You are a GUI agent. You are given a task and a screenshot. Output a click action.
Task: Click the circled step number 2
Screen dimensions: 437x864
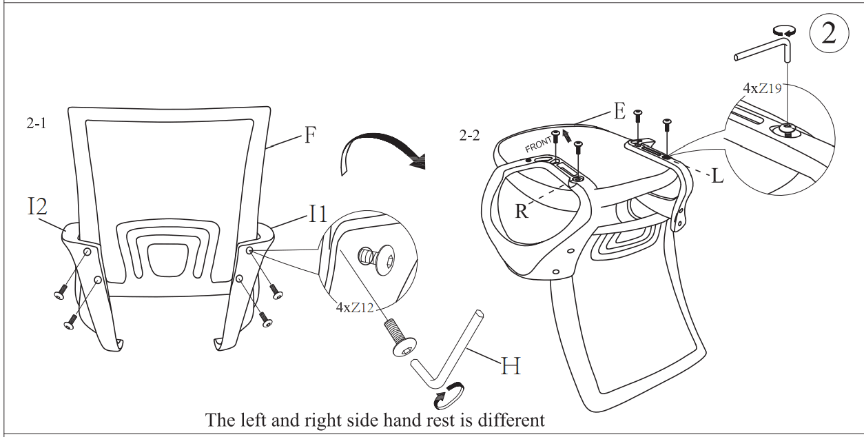(828, 32)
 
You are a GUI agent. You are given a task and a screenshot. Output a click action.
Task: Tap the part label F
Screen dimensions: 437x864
(310, 136)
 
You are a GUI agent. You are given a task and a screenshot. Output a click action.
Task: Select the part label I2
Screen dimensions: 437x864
(38, 207)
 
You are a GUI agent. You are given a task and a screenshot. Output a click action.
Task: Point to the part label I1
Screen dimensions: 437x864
(317, 214)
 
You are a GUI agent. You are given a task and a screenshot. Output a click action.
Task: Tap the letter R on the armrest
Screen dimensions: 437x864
(522, 211)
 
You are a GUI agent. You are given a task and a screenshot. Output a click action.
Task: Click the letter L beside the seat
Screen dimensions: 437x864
(717, 176)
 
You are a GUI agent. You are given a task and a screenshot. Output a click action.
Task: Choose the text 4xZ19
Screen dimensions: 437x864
(762, 89)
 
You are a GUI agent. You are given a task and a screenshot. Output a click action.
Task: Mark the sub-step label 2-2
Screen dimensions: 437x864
(469, 136)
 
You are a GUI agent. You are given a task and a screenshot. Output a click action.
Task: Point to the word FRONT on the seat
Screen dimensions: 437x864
(539, 145)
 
